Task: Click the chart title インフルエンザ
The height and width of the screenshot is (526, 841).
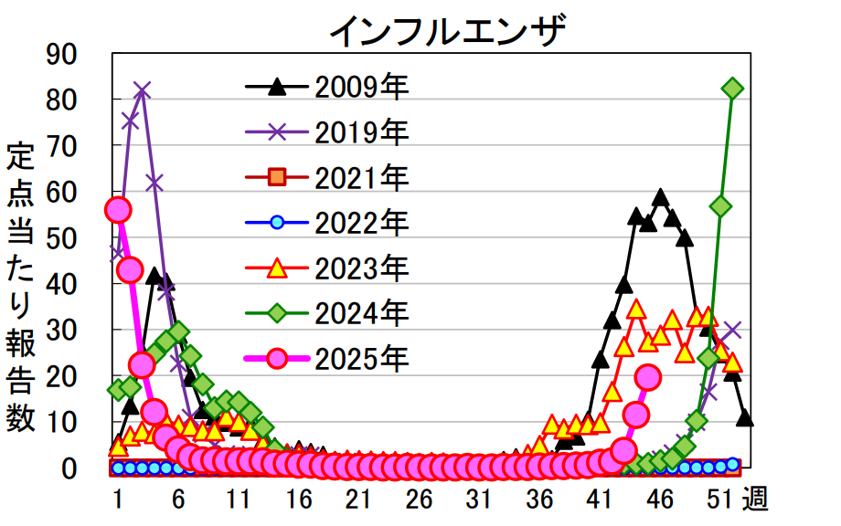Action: [448, 31]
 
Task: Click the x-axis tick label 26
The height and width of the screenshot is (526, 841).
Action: [419, 500]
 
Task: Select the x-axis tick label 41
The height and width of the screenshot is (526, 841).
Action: [599, 500]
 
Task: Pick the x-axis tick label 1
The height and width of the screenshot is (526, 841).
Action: [118, 500]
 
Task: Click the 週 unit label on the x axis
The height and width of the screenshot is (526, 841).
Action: [755, 500]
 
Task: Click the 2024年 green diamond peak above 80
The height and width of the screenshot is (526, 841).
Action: [732, 89]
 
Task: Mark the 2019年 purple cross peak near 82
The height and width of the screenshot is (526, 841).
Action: [142, 90]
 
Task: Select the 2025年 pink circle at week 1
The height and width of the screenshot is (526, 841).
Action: [117, 210]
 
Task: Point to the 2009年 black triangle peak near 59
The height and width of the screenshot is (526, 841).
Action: [660, 198]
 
